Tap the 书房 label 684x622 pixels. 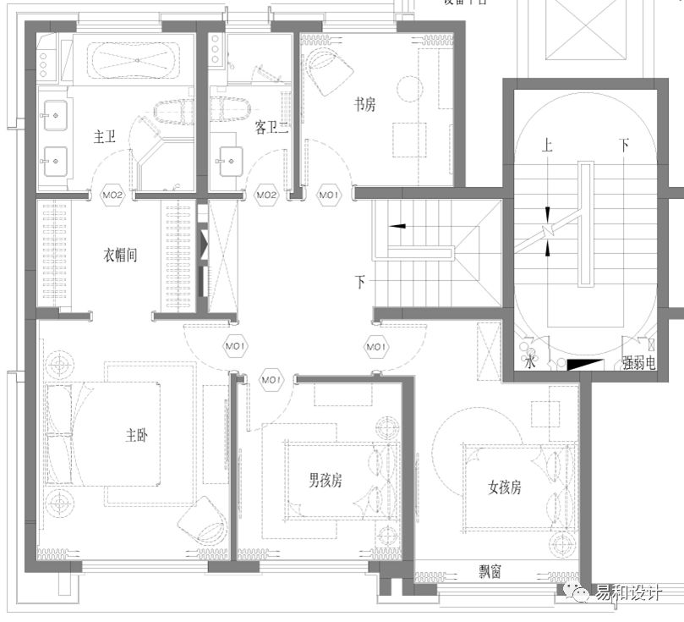[x=364, y=104]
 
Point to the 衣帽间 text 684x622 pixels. [x=120, y=254]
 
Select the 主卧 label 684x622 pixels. [x=137, y=437]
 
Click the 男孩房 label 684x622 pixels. [x=325, y=480]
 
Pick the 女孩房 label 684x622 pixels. [x=505, y=487]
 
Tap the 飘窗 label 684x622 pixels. [x=489, y=573]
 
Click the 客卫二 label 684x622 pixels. [x=271, y=127]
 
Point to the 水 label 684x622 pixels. [x=529, y=364]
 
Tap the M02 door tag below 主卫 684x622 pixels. [x=114, y=195]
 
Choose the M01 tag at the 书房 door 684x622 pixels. [x=329, y=195]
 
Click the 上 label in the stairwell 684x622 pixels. [x=548, y=146]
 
